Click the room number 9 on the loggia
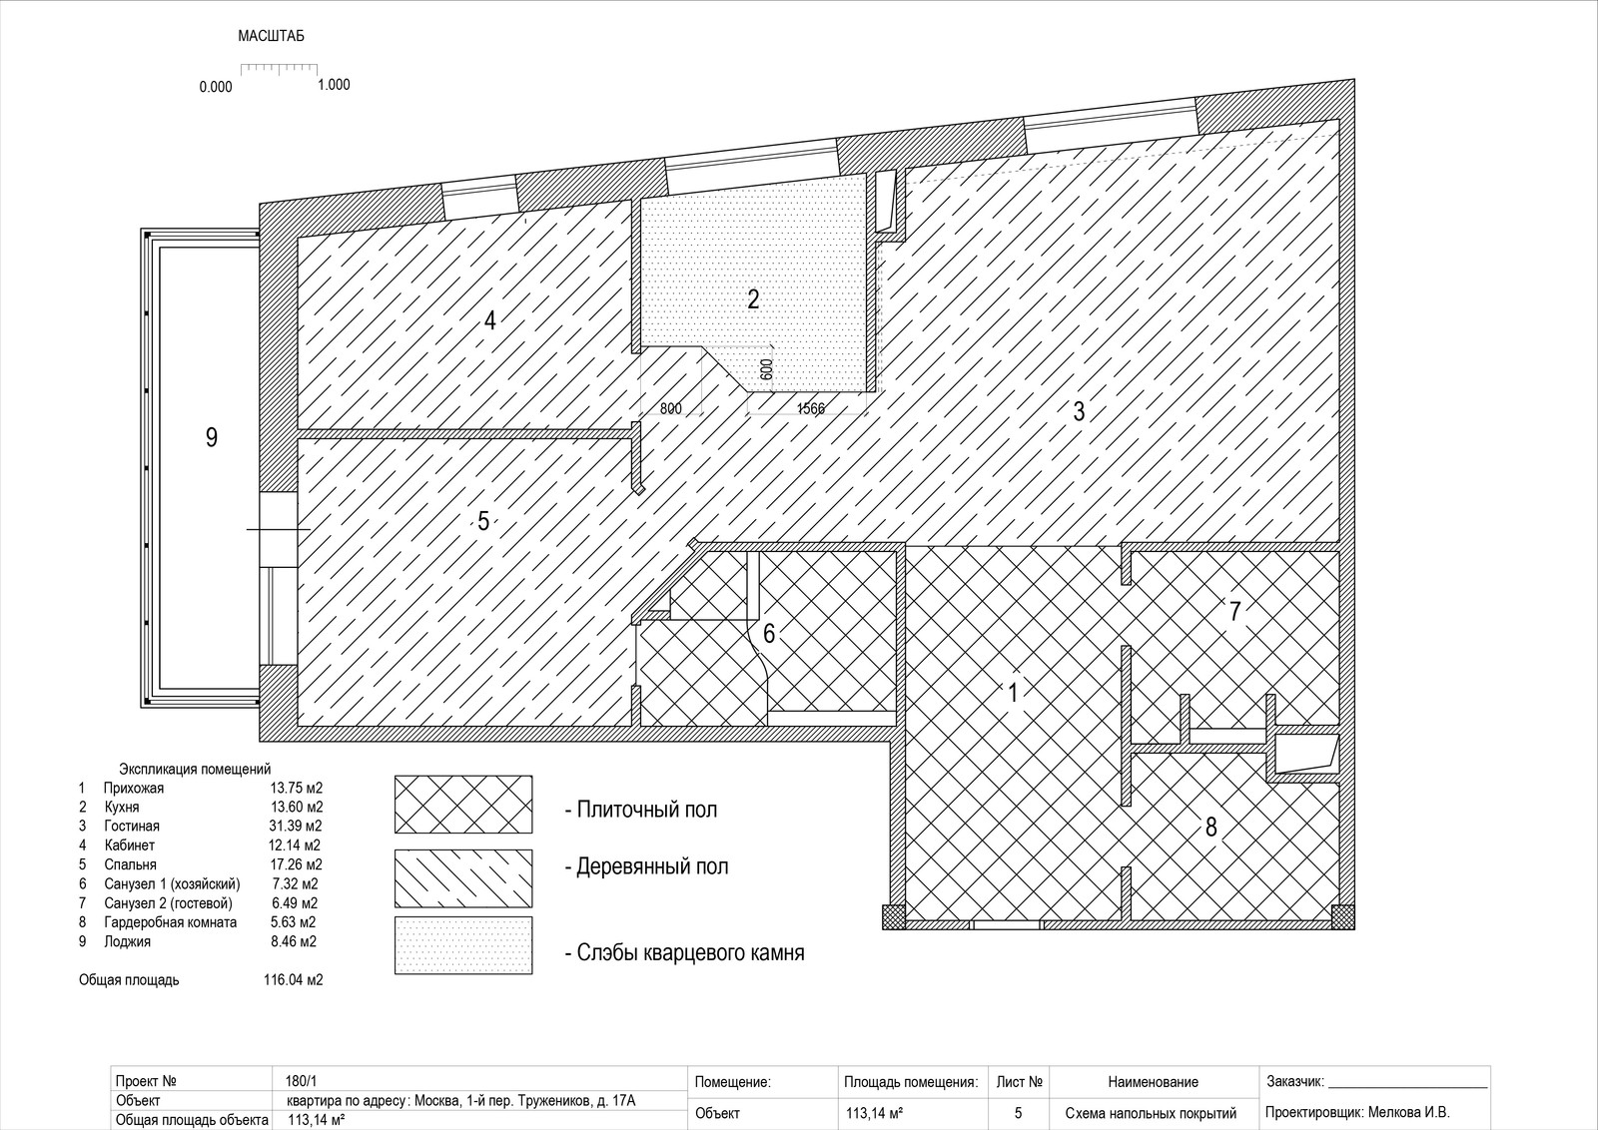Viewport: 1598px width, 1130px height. point(211,437)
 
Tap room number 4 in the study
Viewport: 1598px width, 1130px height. point(489,320)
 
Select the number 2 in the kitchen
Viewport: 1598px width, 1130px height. point(753,299)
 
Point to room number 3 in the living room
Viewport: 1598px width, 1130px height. point(1079,411)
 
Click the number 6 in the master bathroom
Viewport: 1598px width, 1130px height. point(769,633)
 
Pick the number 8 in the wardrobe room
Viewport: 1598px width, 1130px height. point(1210,827)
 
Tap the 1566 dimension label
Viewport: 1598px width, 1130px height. point(810,409)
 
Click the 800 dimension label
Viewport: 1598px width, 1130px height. point(670,409)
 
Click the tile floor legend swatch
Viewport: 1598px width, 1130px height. point(463,805)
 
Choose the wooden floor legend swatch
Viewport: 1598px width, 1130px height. point(463,877)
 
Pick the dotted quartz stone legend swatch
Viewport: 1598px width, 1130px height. point(463,945)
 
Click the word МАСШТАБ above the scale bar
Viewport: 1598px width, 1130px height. point(271,36)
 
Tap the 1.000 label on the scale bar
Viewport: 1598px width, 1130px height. point(334,85)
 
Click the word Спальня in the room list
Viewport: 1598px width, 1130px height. point(131,864)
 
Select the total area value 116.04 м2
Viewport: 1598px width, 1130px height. point(294,979)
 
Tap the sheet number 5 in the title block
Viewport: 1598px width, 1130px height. point(1018,1113)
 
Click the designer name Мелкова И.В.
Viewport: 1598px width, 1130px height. point(1409,1112)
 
